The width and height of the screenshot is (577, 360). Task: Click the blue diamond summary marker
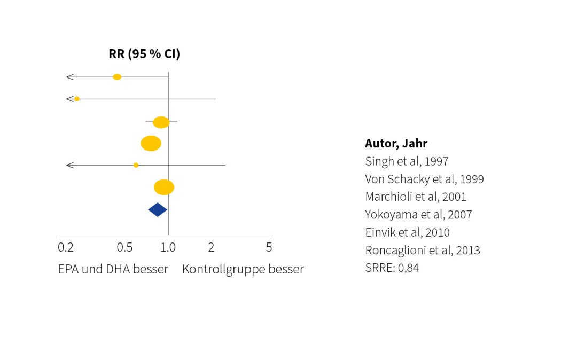coord(158,210)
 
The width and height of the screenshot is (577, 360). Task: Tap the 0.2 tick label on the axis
coord(65,248)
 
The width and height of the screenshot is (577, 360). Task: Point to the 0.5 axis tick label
coord(124,248)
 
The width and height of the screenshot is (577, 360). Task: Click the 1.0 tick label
coord(168,248)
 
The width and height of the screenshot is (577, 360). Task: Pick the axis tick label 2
coord(211,248)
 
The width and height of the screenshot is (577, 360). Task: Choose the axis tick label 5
coord(269,248)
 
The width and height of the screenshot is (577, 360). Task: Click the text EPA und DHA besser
coord(113,269)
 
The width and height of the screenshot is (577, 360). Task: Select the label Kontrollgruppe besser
coord(243,269)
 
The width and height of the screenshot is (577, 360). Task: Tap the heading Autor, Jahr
coord(396,143)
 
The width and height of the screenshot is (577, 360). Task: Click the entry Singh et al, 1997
coord(407,161)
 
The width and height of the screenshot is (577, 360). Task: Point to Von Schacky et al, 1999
coord(424,179)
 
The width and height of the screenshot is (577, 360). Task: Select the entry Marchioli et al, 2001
coord(416,197)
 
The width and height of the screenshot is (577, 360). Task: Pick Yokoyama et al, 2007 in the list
coord(418,215)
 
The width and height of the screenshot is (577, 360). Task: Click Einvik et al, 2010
coord(407,232)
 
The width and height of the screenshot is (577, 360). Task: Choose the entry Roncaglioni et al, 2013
coord(422,250)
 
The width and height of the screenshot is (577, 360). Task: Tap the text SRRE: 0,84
coord(392,268)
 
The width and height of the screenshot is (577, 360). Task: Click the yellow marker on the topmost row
coord(117,77)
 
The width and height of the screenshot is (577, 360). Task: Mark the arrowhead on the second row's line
coord(69,99)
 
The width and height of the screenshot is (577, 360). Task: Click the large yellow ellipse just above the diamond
coord(164,187)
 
